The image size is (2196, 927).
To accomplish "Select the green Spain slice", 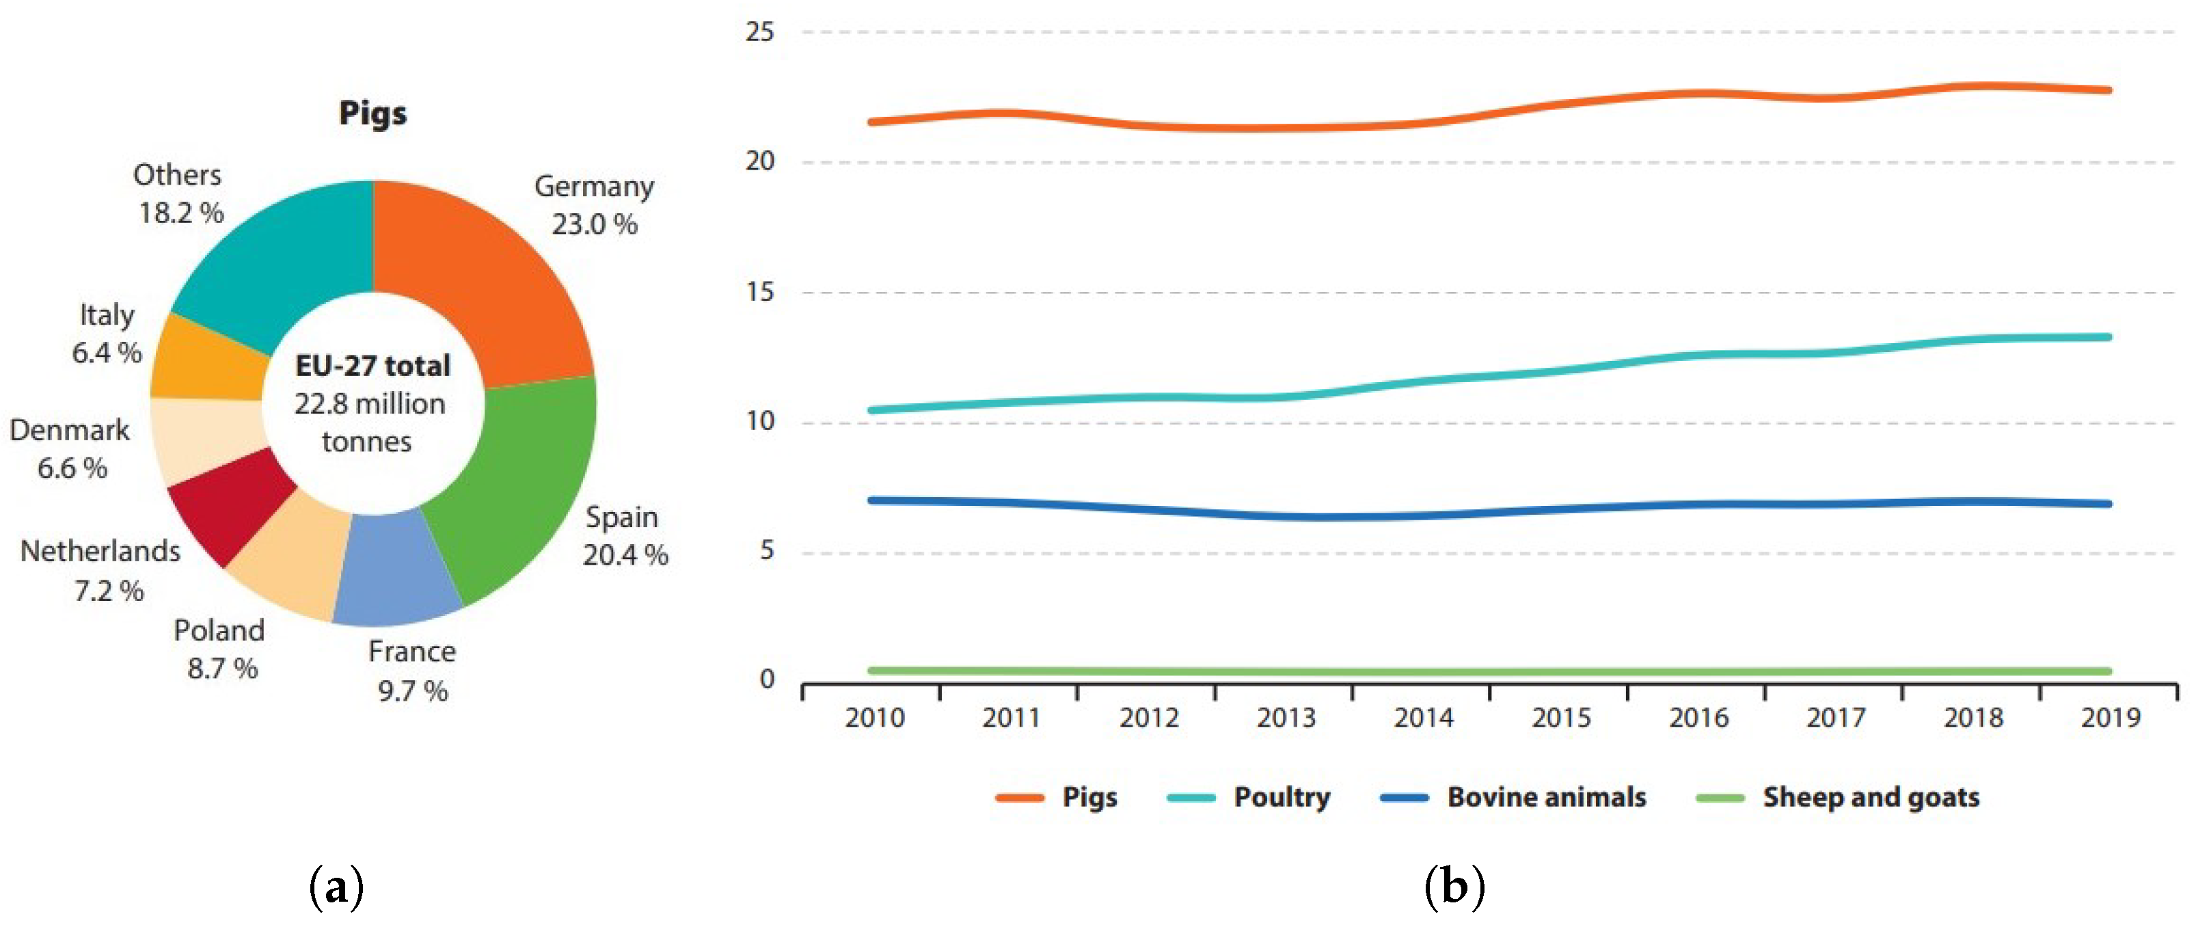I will click(520, 478).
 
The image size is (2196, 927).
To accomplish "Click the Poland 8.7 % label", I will click(220, 649).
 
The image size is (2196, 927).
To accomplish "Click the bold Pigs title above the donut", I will click(372, 113).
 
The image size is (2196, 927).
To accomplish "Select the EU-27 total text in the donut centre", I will click(372, 366).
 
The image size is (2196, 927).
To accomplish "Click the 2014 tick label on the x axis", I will click(1423, 718).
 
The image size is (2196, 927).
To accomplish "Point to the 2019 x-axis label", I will click(2110, 718).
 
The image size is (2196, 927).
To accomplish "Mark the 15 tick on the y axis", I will click(759, 292).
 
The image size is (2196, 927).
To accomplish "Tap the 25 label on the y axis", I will click(759, 32).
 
